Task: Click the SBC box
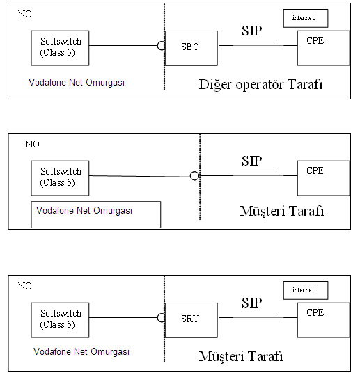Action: [x=191, y=48]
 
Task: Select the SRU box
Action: [x=191, y=320]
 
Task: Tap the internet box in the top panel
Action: [x=306, y=18]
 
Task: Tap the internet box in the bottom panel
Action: [x=306, y=290]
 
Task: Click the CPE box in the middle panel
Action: [x=323, y=178]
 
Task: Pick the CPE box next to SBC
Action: [x=323, y=48]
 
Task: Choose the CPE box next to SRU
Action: [x=323, y=320]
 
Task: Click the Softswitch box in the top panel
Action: [x=60, y=48]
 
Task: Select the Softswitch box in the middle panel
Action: [x=60, y=178]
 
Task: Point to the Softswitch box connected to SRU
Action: [x=60, y=320]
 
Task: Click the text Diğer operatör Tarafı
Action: [x=260, y=84]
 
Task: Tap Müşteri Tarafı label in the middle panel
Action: [x=282, y=212]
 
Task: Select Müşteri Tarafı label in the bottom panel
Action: [x=241, y=357]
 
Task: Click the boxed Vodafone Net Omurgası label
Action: [x=96, y=214]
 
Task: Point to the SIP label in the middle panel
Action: [x=251, y=161]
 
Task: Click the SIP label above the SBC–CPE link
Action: [x=251, y=31]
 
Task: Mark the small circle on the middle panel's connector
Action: [x=194, y=176]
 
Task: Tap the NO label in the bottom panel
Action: [x=24, y=286]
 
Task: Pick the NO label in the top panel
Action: [x=24, y=14]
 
